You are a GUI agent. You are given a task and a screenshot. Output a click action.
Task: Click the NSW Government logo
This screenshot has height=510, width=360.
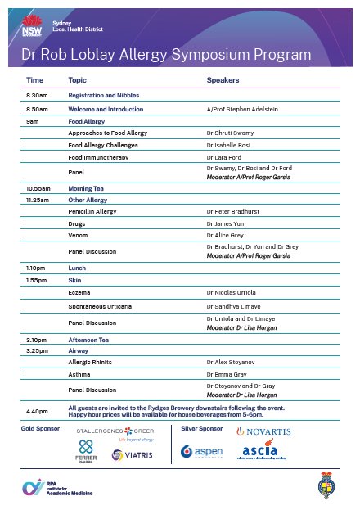pos(32,24)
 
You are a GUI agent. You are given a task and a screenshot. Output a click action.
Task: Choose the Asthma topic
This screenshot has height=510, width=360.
pos(80,372)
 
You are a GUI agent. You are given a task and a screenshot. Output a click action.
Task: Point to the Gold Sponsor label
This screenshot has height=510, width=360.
pos(38,428)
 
